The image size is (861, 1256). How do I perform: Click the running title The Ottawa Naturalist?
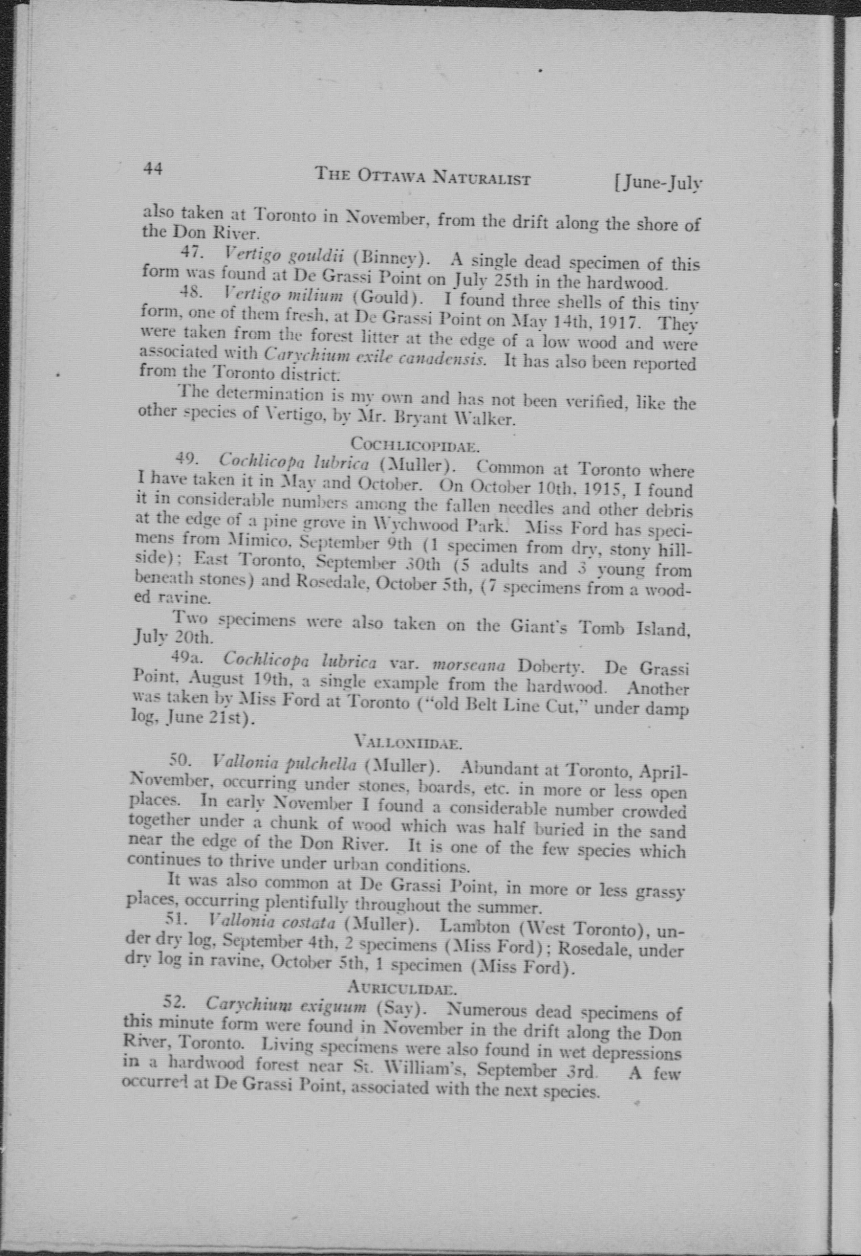[423, 176]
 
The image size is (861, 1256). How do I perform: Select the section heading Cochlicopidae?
[414, 445]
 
